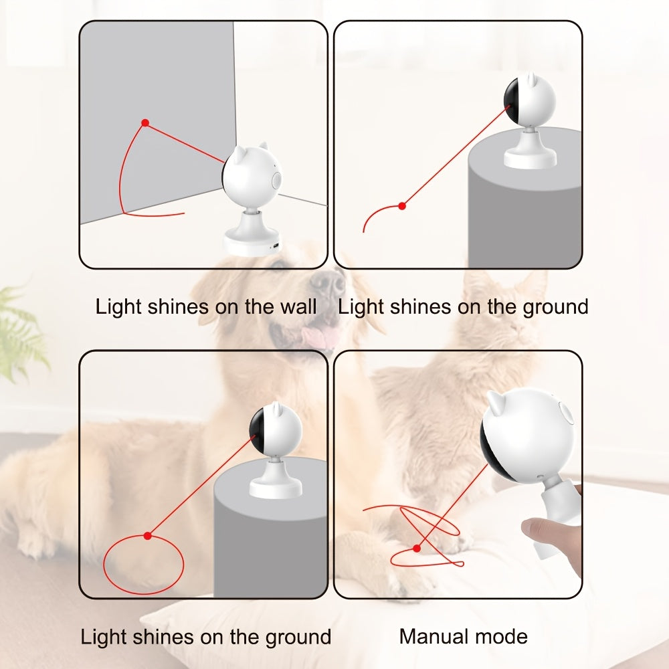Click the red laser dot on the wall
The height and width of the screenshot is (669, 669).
coord(145,123)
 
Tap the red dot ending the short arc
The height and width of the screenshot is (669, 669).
coord(401,206)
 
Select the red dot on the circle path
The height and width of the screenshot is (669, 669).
coord(148,535)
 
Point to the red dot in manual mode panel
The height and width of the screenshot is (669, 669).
coord(417,548)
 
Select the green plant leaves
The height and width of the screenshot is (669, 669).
coord(20,334)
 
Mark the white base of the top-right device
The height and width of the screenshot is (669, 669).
coord(530,158)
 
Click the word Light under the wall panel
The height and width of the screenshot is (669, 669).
coord(118,307)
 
